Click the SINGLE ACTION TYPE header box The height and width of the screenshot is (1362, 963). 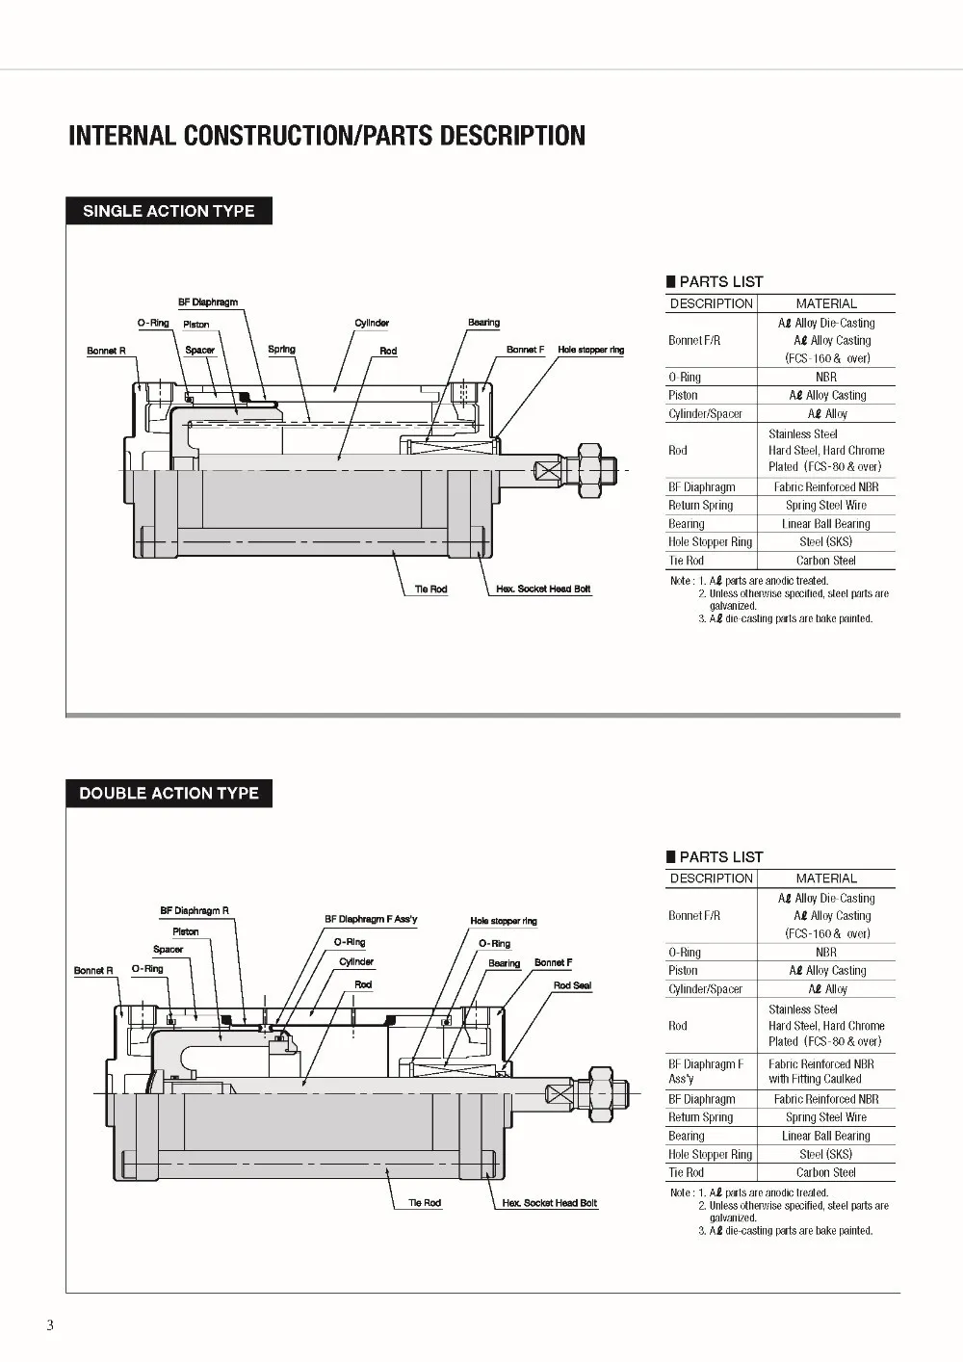(169, 211)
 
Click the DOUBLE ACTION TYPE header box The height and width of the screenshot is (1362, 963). (169, 793)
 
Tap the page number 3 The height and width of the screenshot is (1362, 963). (50, 1325)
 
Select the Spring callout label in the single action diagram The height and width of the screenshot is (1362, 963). (281, 349)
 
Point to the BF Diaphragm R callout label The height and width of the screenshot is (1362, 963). (195, 910)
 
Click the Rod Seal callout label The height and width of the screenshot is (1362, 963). (572, 985)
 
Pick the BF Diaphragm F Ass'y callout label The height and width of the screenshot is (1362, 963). (371, 919)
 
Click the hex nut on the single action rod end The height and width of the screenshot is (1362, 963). (588, 471)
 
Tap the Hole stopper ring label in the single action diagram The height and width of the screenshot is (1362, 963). (591, 350)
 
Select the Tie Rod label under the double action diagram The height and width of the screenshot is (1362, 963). (425, 1202)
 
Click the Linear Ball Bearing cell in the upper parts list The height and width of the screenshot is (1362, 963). (825, 524)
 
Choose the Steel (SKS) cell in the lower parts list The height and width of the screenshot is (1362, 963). (825, 1153)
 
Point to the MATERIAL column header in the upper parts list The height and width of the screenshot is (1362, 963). (826, 303)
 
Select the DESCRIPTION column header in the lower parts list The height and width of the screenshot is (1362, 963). (712, 878)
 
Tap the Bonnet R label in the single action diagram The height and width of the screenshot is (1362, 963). (106, 351)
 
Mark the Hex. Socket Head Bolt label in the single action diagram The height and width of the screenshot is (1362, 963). (543, 589)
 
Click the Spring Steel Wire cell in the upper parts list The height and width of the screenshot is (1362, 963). (825, 505)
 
